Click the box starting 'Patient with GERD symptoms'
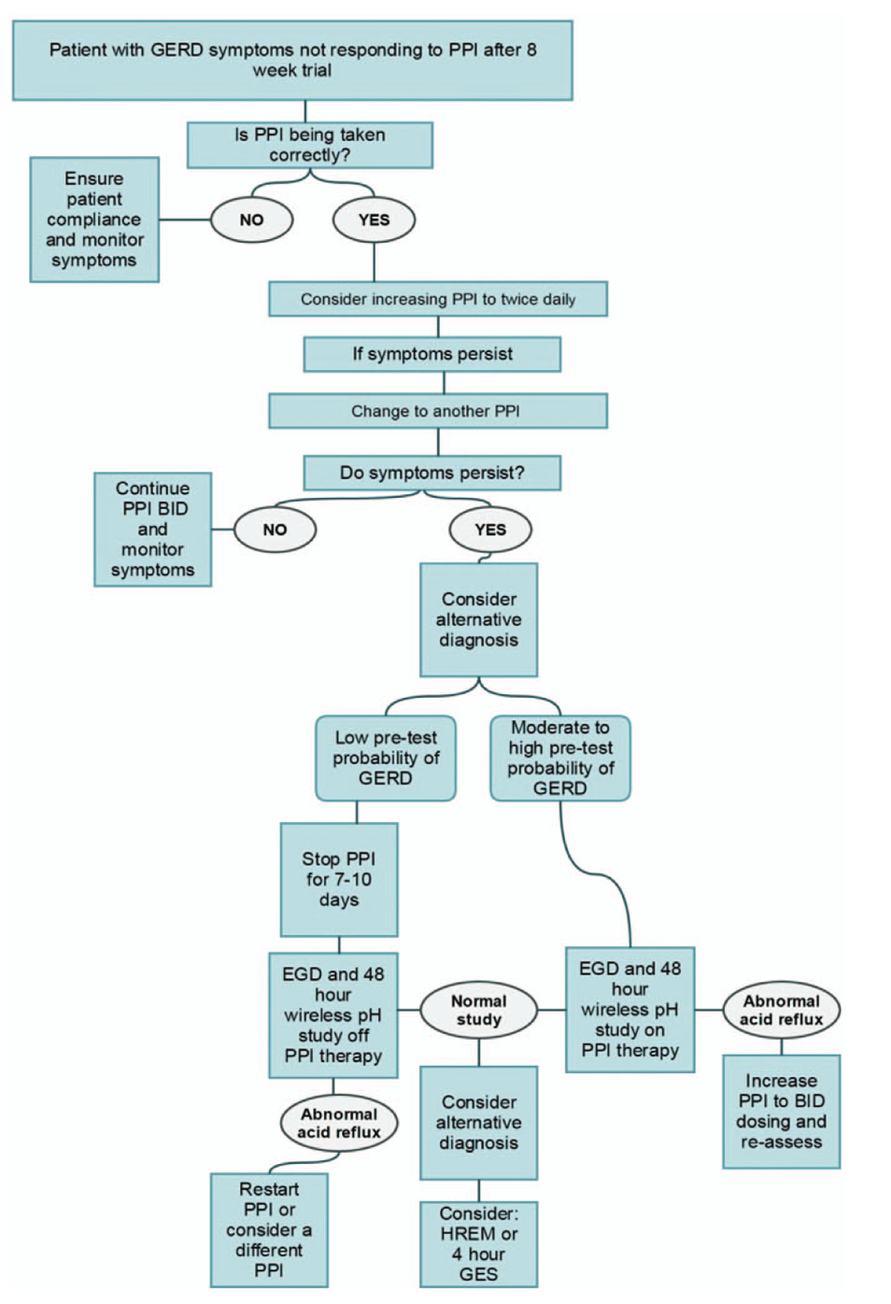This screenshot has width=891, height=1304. (292, 61)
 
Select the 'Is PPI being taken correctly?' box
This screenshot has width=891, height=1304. (310, 145)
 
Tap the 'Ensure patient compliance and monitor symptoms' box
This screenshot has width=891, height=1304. (94, 220)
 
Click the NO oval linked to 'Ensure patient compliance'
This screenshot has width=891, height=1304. (251, 220)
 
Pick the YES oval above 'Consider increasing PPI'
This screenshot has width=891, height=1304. (374, 220)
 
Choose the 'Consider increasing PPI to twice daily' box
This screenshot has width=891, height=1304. (438, 299)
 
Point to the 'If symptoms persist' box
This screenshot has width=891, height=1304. (432, 354)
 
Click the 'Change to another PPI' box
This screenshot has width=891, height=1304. (438, 411)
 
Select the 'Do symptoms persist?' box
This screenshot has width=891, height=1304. (432, 473)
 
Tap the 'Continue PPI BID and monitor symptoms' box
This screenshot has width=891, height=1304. (153, 530)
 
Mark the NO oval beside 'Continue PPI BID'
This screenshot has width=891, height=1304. (275, 530)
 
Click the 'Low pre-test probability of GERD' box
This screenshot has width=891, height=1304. (386, 758)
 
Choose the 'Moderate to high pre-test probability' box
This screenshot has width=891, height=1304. (560, 758)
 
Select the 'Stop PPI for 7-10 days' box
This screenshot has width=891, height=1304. (339, 879)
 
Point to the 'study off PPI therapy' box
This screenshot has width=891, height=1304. (333, 1015)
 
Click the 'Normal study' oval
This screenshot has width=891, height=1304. (479, 1010)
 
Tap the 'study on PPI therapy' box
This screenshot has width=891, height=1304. (630, 1010)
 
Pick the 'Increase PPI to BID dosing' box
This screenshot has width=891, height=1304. (782, 1112)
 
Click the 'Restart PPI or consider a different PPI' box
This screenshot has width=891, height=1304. (269, 1229)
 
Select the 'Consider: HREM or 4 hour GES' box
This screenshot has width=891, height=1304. (479, 1243)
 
